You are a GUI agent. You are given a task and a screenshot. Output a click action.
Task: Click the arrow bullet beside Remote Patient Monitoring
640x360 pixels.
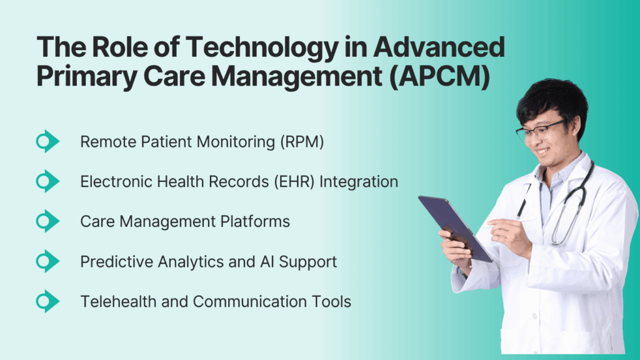tap(47, 142)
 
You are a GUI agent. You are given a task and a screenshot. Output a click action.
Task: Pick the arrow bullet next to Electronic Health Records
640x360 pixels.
tap(47, 182)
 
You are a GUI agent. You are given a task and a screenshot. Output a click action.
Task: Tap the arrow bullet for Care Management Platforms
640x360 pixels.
tap(47, 221)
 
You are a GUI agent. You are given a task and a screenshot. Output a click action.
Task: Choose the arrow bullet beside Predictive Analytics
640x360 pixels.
tap(47, 261)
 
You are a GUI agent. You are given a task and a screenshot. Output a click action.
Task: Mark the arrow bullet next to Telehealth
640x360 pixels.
tap(47, 301)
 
